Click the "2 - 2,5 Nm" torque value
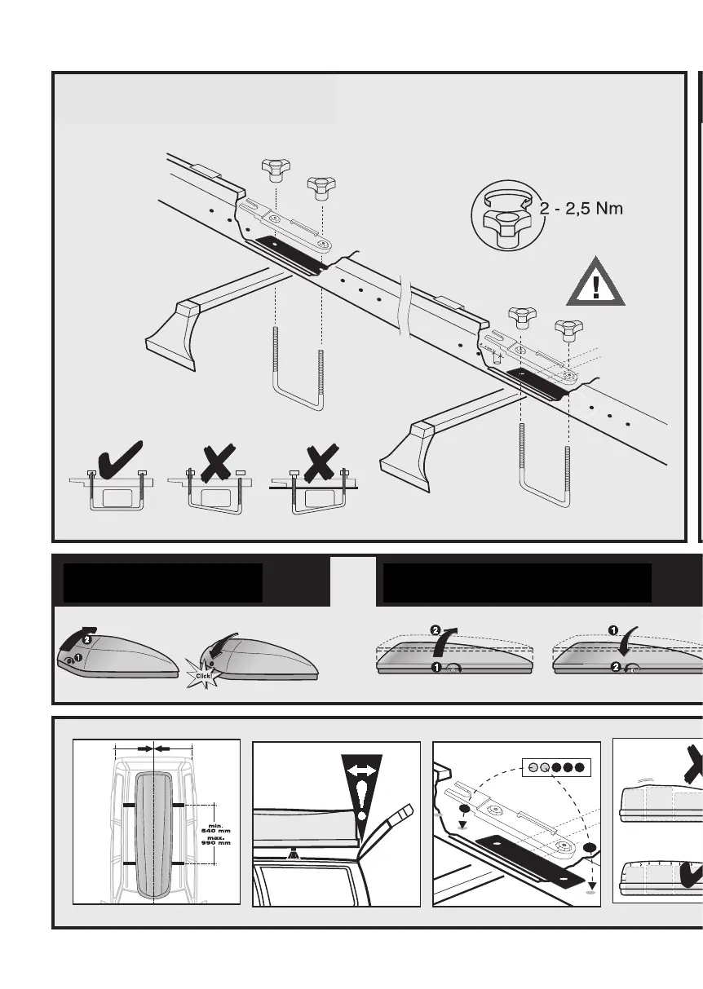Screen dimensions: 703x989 point(581,209)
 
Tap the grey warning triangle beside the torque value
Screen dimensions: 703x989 point(596,282)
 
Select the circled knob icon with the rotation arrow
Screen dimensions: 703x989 point(505,216)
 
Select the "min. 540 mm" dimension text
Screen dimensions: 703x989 point(216,828)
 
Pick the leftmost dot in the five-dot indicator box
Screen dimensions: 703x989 point(533,767)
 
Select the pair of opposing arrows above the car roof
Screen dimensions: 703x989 point(153,747)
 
